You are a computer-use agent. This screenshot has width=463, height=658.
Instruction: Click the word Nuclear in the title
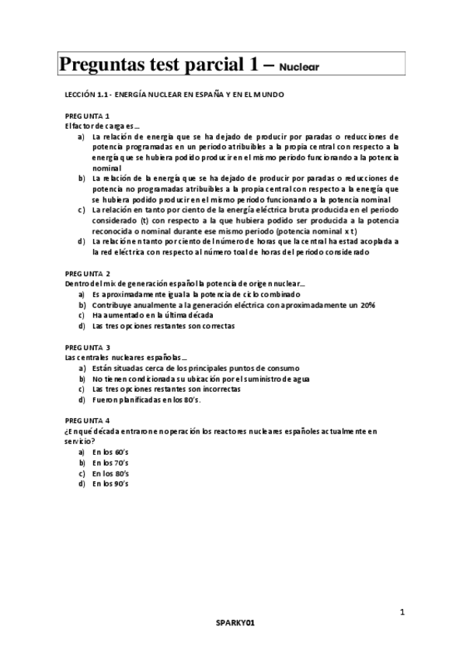tap(299, 67)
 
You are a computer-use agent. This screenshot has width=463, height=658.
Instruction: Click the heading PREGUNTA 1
tap(88, 115)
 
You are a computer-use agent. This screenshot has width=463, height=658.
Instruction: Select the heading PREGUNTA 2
tap(88, 274)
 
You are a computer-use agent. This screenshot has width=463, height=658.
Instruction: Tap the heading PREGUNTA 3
tap(88, 347)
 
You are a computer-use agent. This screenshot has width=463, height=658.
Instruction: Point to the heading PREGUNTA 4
tap(88, 420)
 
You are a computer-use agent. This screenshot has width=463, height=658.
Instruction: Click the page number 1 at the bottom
tap(402, 613)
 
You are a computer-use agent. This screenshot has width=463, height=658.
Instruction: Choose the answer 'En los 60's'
tap(110, 452)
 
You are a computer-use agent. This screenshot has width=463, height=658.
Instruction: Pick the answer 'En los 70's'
tap(110, 462)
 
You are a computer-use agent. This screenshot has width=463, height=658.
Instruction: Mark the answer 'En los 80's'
tap(110, 473)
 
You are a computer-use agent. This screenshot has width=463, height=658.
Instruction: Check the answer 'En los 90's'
tap(110, 483)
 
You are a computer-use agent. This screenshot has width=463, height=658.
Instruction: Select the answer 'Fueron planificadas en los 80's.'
tap(146, 400)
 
